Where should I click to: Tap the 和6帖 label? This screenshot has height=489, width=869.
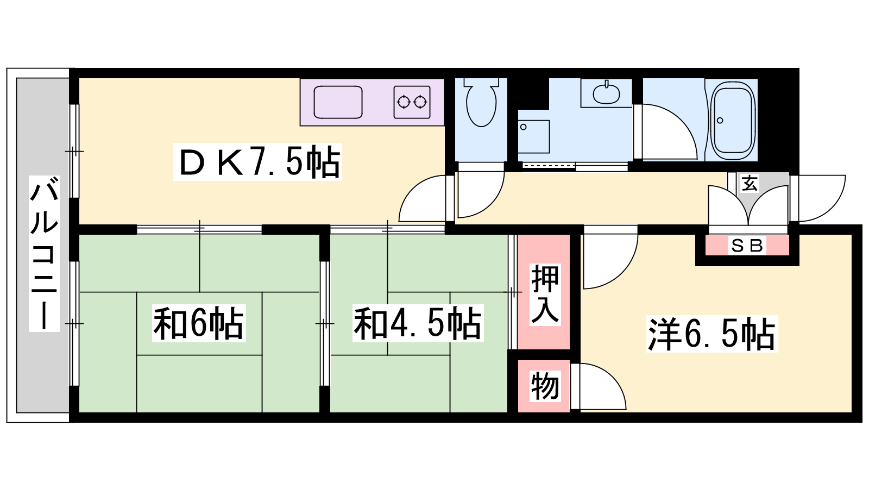(x=199, y=323)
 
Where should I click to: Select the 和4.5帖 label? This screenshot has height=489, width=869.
(x=418, y=323)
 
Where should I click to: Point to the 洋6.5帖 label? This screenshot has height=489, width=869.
(x=712, y=334)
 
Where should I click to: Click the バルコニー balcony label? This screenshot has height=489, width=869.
(x=44, y=253)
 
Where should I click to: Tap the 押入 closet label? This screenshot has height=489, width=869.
(x=545, y=294)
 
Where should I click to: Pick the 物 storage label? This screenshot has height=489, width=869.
(x=545, y=386)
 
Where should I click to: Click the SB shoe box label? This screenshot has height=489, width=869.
(x=747, y=246)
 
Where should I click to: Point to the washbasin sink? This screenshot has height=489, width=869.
(x=606, y=93)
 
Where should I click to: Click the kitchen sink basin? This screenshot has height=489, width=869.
(x=338, y=103)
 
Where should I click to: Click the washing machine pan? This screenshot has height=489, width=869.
(x=534, y=136)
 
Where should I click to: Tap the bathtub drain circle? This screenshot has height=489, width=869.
(x=720, y=121)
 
